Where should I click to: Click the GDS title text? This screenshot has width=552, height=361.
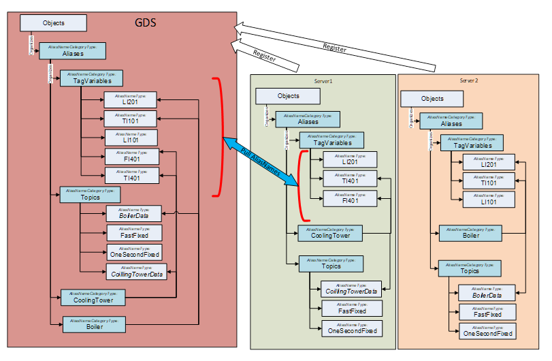point(146,23)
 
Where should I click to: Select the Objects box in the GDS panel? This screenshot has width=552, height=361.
point(53,22)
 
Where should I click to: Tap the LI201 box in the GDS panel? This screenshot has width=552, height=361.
point(131,99)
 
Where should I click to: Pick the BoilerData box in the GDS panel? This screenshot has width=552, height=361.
point(133,213)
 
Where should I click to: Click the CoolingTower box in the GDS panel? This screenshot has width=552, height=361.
point(93,297)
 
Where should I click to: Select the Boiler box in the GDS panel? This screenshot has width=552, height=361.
point(95,324)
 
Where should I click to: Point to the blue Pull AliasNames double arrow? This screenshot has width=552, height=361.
point(261,161)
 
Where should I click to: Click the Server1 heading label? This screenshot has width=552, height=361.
point(323,81)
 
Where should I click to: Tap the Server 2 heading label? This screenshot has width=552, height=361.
point(468,80)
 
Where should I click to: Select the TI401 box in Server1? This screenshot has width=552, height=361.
point(350,178)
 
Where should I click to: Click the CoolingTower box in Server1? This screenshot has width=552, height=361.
point(330,233)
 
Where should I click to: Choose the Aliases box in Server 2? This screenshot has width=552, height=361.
point(451,121)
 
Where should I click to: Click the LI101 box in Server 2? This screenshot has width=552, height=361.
point(489,199)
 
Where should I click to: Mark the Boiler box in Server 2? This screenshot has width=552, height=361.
point(470,233)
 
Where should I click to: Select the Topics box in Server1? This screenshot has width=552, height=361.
point(331,264)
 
